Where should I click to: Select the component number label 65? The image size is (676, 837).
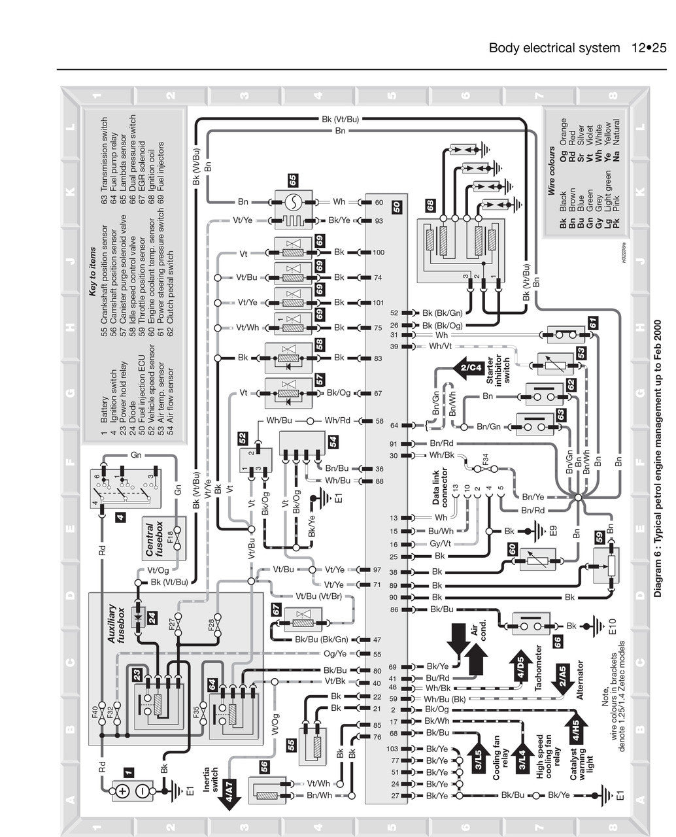(293, 179)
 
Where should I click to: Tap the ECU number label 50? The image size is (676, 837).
(397, 208)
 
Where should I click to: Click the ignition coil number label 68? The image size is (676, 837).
(430, 205)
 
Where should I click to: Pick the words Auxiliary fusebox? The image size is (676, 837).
(116, 624)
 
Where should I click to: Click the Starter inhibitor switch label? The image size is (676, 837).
(498, 371)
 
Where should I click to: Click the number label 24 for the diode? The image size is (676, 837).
(152, 617)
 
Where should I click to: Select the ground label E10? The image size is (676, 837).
(612, 626)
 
